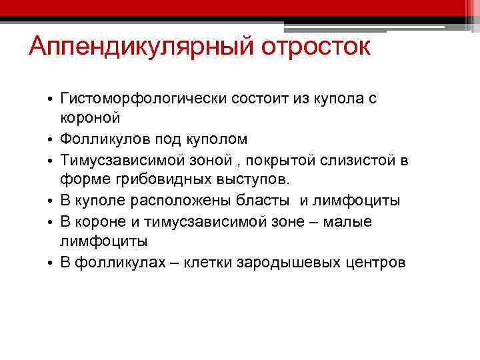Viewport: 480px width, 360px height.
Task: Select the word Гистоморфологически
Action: (143, 99)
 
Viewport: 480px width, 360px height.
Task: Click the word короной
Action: (91, 119)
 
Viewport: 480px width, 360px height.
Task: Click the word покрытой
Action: (273, 160)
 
